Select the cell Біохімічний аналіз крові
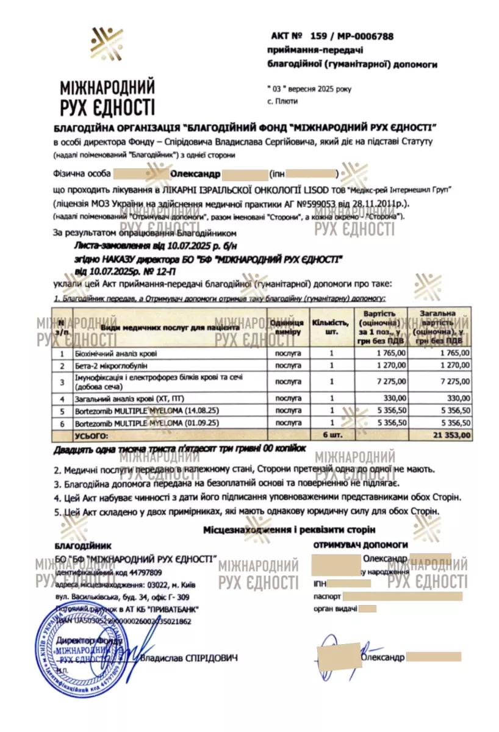[x=115, y=353]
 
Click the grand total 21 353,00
[x=449, y=435]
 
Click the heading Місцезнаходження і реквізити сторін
[x=289, y=530]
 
